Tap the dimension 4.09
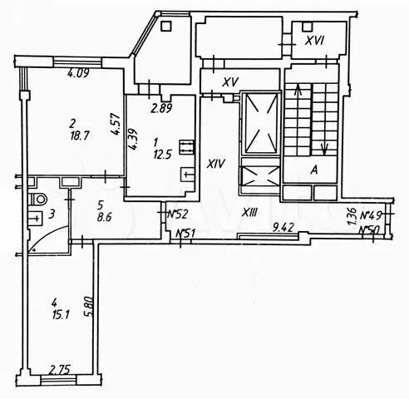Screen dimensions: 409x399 point(79,74)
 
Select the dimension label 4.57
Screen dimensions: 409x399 point(116,125)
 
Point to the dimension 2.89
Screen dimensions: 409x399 point(161,107)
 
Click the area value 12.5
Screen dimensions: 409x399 point(162,154)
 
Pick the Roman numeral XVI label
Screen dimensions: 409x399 point(314,42)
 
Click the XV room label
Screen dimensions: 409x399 point(231,81)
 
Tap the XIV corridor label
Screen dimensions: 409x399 point(216,165)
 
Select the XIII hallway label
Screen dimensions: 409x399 point(250,213)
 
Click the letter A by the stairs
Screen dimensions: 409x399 point(314,170)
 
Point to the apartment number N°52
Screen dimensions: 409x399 point(179,214)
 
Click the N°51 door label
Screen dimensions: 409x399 point(185,234)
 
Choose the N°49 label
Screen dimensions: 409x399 point(371,215)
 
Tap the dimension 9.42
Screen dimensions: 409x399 point(283,227)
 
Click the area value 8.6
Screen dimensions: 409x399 point(104,217)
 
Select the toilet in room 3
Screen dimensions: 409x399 point(37,199)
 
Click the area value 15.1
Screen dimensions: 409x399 point(61,315)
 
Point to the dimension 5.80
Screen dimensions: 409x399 point(88,307)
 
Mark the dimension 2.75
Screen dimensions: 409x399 point(60,369)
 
